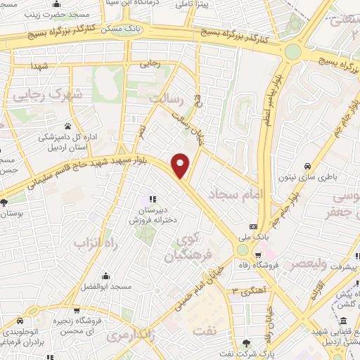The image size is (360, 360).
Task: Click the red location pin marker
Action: (x=181, y=165)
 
